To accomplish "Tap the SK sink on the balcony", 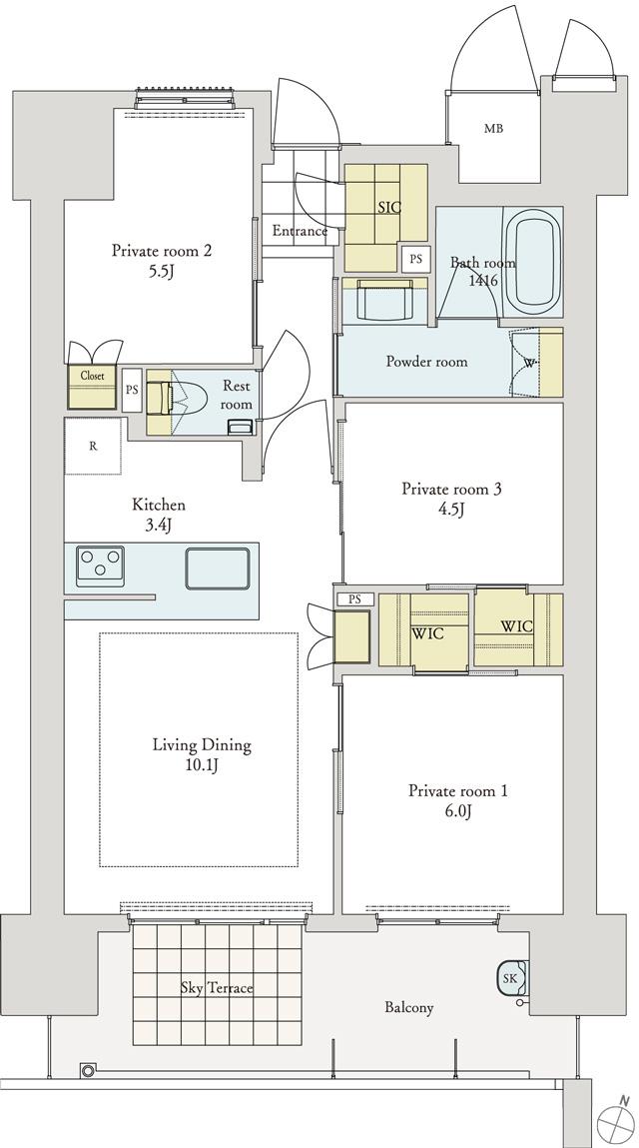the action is (x=511, y=977).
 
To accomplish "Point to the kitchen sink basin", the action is (x=218, y=569).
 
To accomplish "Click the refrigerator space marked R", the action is (x=93, y=446).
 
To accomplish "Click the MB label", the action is (x=493, y=130).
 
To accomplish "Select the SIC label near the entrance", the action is (x=389, y=207).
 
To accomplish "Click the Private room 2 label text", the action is (x=162, y=251).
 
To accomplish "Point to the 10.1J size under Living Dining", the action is (x=202, y=765).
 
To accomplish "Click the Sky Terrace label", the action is (x=217, y=988).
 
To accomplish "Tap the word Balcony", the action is (x=409, y=1008).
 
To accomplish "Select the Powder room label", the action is (x=426, y=362).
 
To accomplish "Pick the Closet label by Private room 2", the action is (x=92, y=376).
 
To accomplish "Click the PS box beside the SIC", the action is (x=415, y=259).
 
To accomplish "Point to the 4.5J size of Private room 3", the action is (x=451, y=510).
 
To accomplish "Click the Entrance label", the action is (x=301, y=232).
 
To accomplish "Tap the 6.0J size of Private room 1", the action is (x=458, y=811).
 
